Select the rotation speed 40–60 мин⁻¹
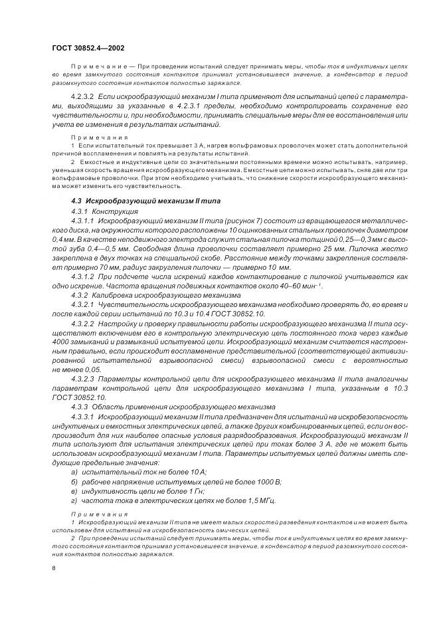point(302,285)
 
